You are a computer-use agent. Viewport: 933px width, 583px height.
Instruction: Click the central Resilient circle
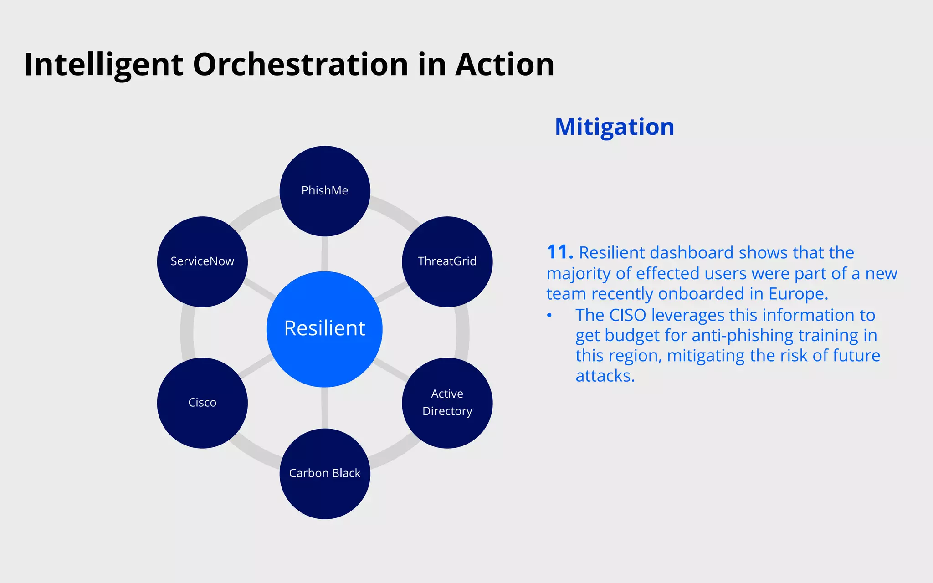pyautogui.click(x=324, y=329)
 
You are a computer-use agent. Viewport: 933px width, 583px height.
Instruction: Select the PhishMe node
pyautogui.click(x=324, y=191)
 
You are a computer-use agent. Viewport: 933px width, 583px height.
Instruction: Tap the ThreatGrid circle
pyautogui.click(x=447, y=261)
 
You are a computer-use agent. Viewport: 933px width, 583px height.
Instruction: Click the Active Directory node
pyautogui.click(x=447, y=403)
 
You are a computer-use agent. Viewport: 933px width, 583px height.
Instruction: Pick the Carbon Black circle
pyautogui.click(x=324, y=473)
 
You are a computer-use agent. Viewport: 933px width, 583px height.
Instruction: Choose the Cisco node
pyautogui.click(x=202, y=403)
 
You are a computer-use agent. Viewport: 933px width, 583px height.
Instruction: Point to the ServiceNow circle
pyautogui.click(x=202, y=261)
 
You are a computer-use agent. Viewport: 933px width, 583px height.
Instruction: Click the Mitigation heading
pyautogui.click(x=614, y=127)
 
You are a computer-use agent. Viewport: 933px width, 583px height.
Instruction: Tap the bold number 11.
pyautogui.click(x=559, y=252)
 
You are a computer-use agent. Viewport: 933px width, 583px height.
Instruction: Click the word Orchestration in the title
pyautogui.click(x=301, y=64)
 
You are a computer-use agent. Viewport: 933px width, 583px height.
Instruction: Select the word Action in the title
pyautogui.click(x=504, y=64)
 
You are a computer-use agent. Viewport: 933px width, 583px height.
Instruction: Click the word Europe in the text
pyautogui.click(x=798, y=294)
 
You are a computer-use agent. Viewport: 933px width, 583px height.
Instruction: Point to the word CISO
pyautogui.click(x=627, y=315)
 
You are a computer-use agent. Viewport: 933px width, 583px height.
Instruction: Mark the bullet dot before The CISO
pyautogui.click(x=549, y=316)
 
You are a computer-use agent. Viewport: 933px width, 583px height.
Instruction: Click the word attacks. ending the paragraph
pyautogui.click(x=605, y=376)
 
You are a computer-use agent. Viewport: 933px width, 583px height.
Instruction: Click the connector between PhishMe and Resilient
pyautogui.click(x=324, y=254)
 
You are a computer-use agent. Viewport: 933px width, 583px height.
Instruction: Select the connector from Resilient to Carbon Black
pyautogui.click(x=324, y=408)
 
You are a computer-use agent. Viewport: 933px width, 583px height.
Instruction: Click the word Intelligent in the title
pyautogui.click(x=103, y=64)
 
